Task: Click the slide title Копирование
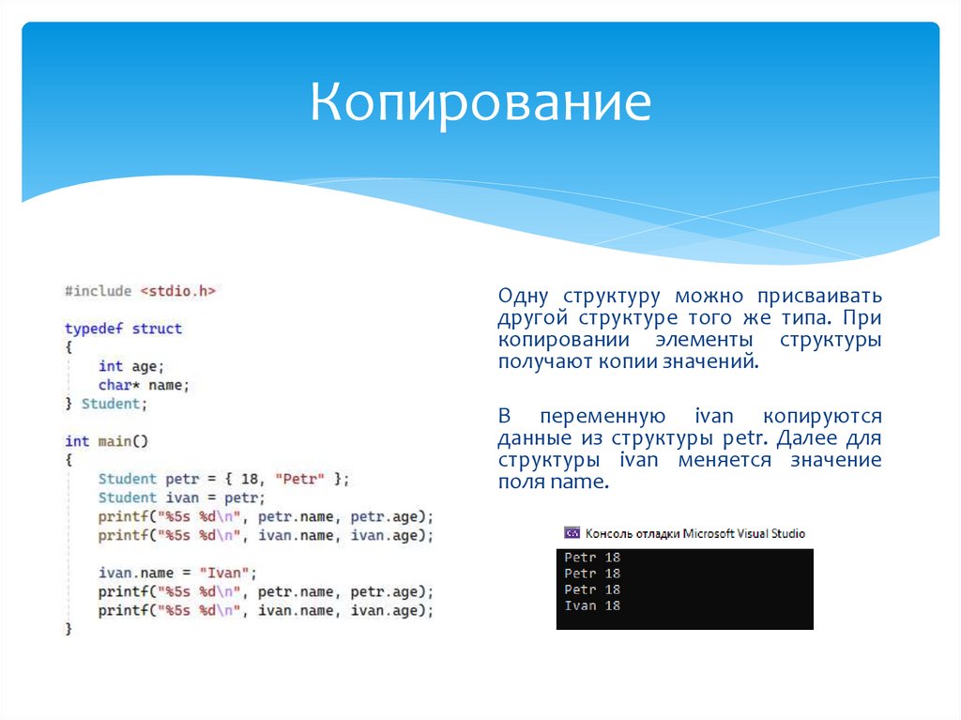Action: click(480, 102)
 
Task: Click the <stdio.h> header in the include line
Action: click(177, 291)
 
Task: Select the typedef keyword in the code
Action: click(94, 329)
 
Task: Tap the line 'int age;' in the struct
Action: click(130, 366)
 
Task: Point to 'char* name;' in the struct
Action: click(144, 385)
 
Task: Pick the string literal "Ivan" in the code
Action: click(226, 573)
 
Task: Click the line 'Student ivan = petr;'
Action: click(181, 498)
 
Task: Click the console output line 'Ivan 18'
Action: click(592, 605)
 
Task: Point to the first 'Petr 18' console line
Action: click(592, 558)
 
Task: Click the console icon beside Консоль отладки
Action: click(572, 533)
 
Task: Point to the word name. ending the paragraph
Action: click(581, 483)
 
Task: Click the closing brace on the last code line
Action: click(69, 629)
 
